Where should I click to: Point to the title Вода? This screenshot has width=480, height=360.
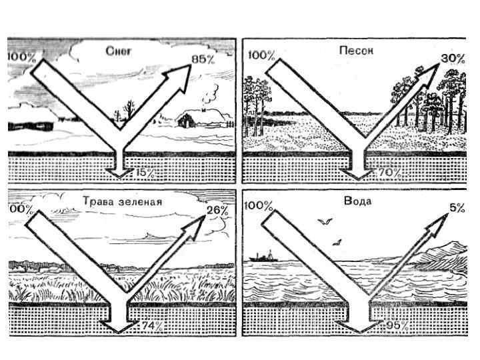click(358, 200)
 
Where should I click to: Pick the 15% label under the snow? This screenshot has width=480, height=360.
click(145, 173)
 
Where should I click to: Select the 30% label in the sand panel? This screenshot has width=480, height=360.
click(453, 59)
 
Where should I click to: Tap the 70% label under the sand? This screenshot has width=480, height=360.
click(388, 173)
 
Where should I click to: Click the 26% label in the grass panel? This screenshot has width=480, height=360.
click(217, 211)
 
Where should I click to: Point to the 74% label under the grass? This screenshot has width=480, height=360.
click(153, 325)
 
